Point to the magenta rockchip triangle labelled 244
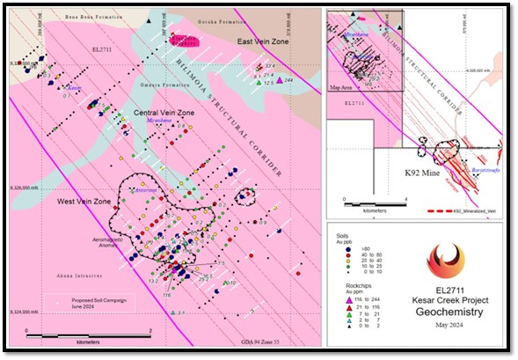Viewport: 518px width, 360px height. point(280,80)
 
